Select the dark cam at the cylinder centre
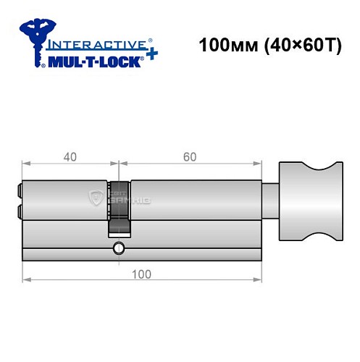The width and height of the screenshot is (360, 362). coord(120,207)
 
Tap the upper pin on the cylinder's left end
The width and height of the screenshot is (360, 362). coord(18,192)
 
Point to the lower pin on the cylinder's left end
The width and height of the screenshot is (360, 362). coord(18,212)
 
